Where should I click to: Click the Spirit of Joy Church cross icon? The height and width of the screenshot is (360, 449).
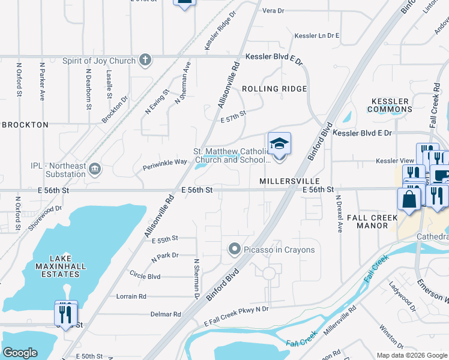point(145,60)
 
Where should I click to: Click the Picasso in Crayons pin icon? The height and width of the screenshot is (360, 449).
point(235,249)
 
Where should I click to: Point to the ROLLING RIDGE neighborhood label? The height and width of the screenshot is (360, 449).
point(274,89)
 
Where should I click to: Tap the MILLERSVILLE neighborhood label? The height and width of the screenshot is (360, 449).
point(288,181)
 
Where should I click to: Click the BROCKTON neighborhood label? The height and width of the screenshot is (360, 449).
point(25,125)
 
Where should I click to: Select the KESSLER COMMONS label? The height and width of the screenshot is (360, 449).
point(391,105)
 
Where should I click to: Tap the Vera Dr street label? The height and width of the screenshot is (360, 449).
point(273,11)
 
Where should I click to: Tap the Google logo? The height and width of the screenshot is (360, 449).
point(20,353)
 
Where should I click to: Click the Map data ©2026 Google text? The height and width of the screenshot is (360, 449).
point(411,355)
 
